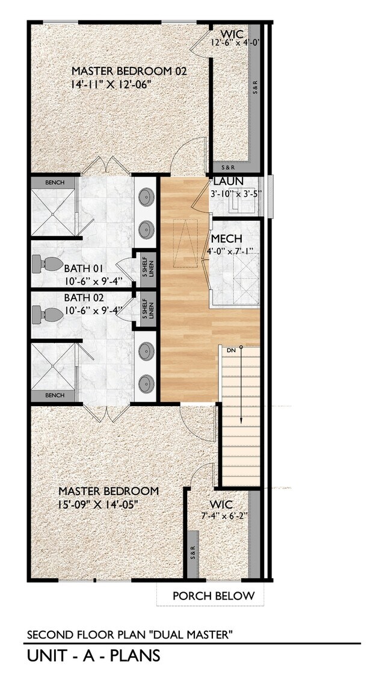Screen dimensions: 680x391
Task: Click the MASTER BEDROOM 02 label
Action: click(129, 71)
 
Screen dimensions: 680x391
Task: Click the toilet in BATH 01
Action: click(47, 263)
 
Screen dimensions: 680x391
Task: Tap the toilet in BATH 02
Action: click(47, 314)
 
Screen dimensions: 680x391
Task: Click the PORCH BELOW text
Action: click(214, 596)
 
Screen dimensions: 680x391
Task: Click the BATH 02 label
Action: click(84, 298)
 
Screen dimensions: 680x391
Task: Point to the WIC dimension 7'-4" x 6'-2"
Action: click(224, 516)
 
